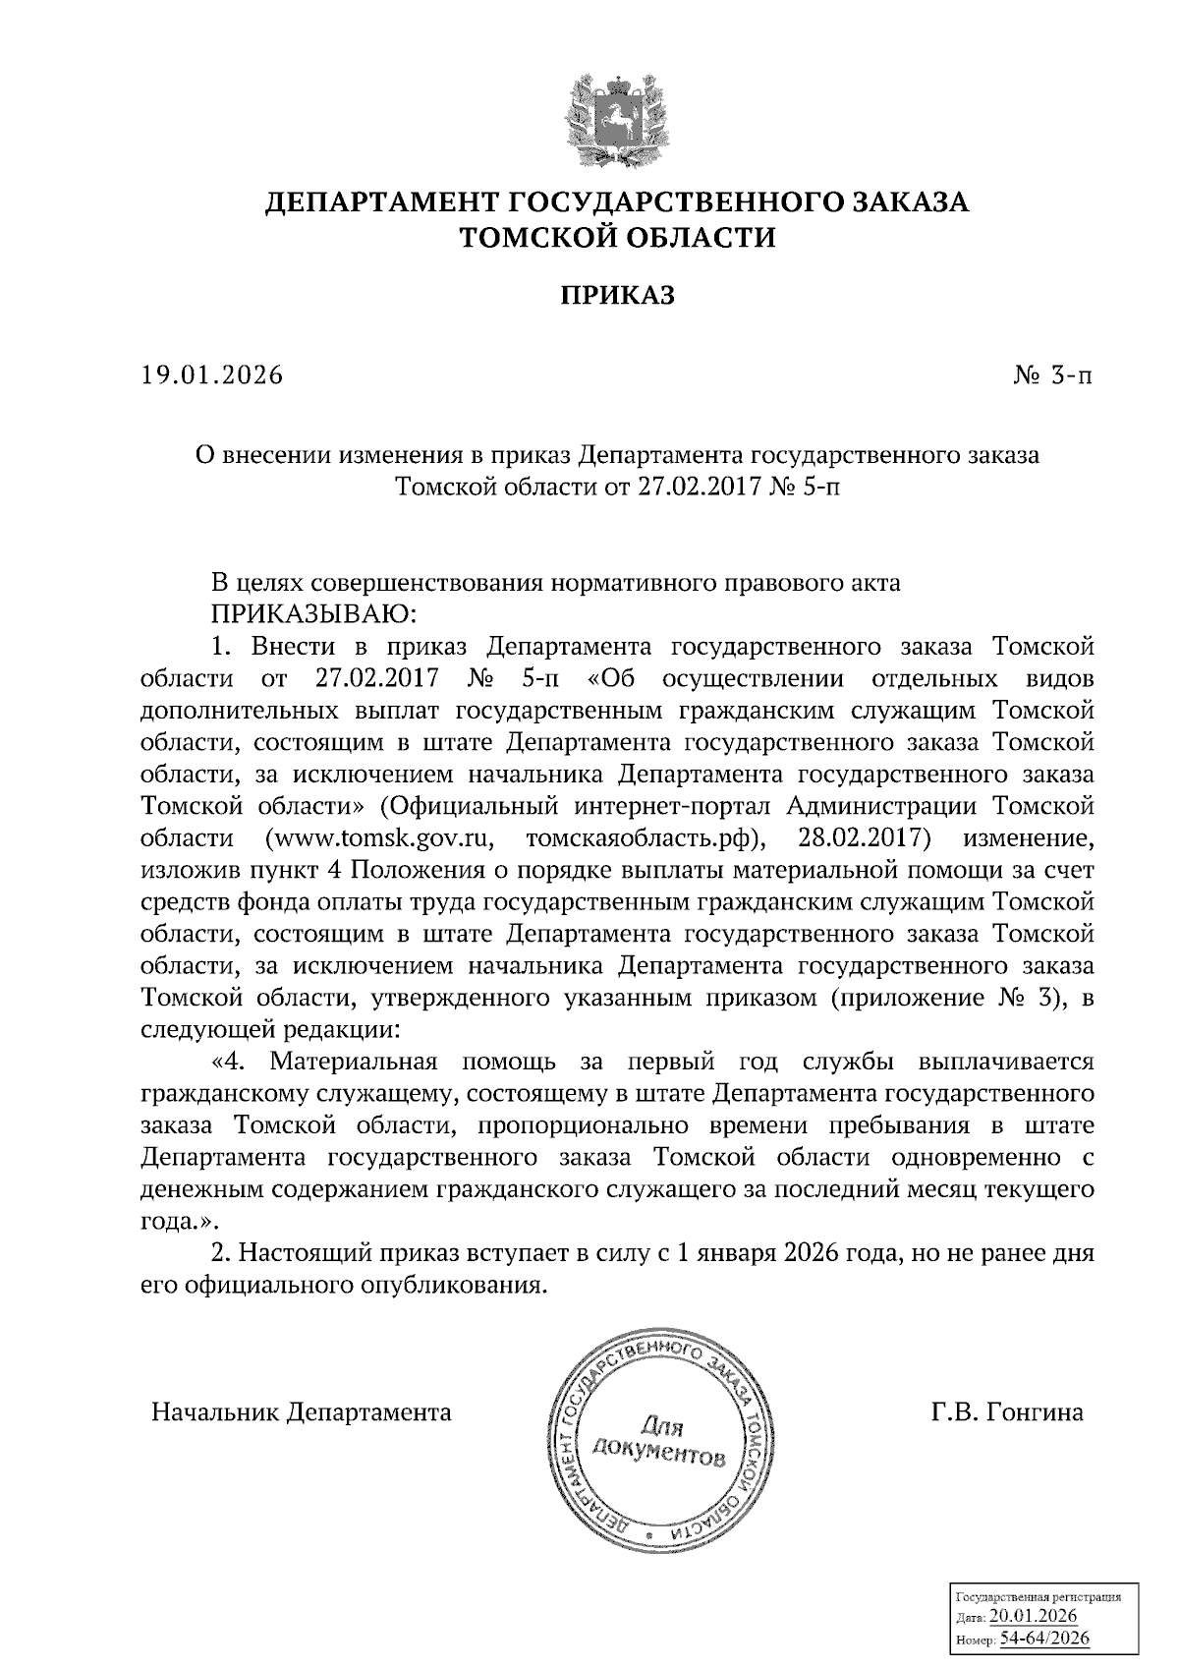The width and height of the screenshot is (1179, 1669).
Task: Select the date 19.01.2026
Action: pyautogui.click(x=211, y=375)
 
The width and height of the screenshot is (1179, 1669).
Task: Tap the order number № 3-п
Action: pyautogui.click(x=1051, y=375)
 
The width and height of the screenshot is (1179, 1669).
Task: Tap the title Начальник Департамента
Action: pyautogui.click(x=302, y=1412)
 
